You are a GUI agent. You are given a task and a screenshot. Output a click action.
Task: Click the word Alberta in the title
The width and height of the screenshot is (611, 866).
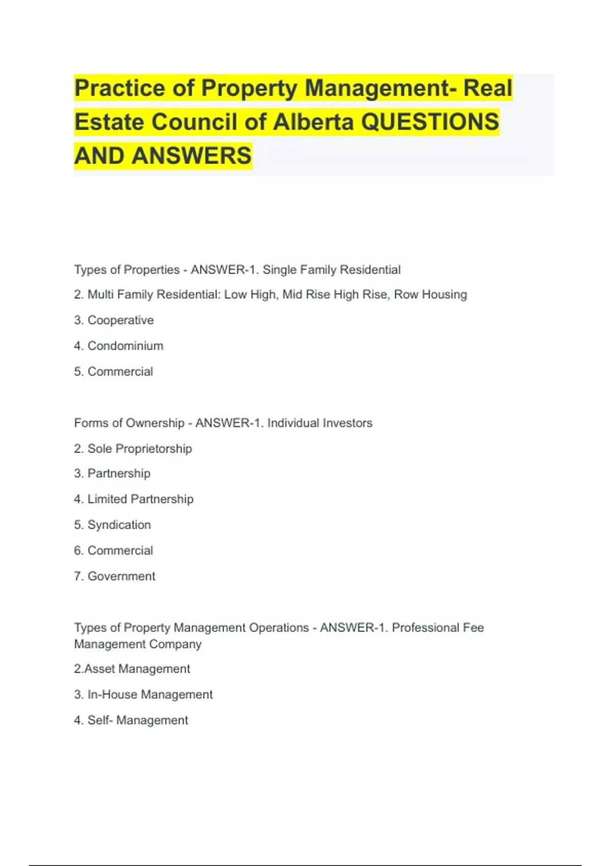(x=313, y=122)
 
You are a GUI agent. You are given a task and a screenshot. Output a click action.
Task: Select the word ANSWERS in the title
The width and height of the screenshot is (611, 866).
(x=191, y=156)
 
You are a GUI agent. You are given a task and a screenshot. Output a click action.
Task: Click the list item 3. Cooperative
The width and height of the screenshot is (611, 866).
(x=114, y=320)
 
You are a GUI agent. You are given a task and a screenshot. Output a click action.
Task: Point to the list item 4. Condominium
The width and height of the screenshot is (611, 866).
(x=119, y=346)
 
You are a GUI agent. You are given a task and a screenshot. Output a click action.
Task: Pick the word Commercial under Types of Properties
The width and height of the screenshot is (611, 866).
(x=120, y=372)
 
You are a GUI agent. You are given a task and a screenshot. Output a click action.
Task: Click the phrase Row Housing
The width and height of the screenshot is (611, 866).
(x=430, y=294)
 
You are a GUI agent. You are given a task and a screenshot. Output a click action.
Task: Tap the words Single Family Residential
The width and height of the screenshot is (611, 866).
(x=331, y=269)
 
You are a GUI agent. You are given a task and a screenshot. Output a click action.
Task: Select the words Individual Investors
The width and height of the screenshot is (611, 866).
(x=320, y=423)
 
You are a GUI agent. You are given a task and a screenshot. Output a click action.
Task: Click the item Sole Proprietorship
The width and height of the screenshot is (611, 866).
(x=140, y=449)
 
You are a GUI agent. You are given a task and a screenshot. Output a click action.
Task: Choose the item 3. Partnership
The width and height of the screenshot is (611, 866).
(x=112, y=474)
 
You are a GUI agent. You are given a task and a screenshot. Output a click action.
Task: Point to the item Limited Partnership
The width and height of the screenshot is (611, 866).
(x=140, y=499)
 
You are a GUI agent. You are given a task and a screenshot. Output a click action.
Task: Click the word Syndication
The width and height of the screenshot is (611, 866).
(x=119, y=525)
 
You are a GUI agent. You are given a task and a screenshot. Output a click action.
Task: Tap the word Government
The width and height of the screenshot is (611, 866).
(x=121, y=576)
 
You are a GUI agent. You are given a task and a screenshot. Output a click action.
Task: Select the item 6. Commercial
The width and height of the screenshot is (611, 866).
(x=114, y=551)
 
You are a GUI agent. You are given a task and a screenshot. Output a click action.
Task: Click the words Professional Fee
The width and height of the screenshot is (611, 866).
(x=437, y=628)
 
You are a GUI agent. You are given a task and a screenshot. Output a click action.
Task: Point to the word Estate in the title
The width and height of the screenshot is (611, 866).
(x=109, y=122)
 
